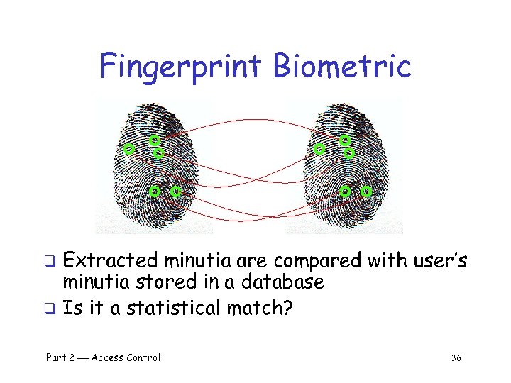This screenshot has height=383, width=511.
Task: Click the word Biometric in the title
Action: pyautogui.click(x=343, y=66)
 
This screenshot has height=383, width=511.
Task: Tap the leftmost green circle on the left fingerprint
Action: pyautogui.click(x=128, y=150)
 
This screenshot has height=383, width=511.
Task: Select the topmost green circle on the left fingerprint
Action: pyautogui.click(x=154, y=140)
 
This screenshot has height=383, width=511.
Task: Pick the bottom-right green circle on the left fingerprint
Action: pyautogui.click(x=176, y=191)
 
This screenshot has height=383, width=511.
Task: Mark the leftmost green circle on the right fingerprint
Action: pyautogui.click(x=319, y=150)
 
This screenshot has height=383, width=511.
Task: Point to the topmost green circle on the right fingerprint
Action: pyautogui.click(x=344, y=140)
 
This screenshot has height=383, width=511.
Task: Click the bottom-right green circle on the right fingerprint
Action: pyautogui.click(x=366, y=191)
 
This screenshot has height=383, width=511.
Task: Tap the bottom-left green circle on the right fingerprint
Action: pyautogui.click(x=345, y=191)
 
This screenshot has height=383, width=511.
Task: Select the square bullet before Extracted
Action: pyautogui.click(x=50, y=262)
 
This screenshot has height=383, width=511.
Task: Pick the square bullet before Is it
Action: pyautogui.click(x=50, y=309)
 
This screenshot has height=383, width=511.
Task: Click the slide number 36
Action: pyautogui.click(x=456, y=357)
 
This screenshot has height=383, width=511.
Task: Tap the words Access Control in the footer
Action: pyautogui.click(x=126, y=357)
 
